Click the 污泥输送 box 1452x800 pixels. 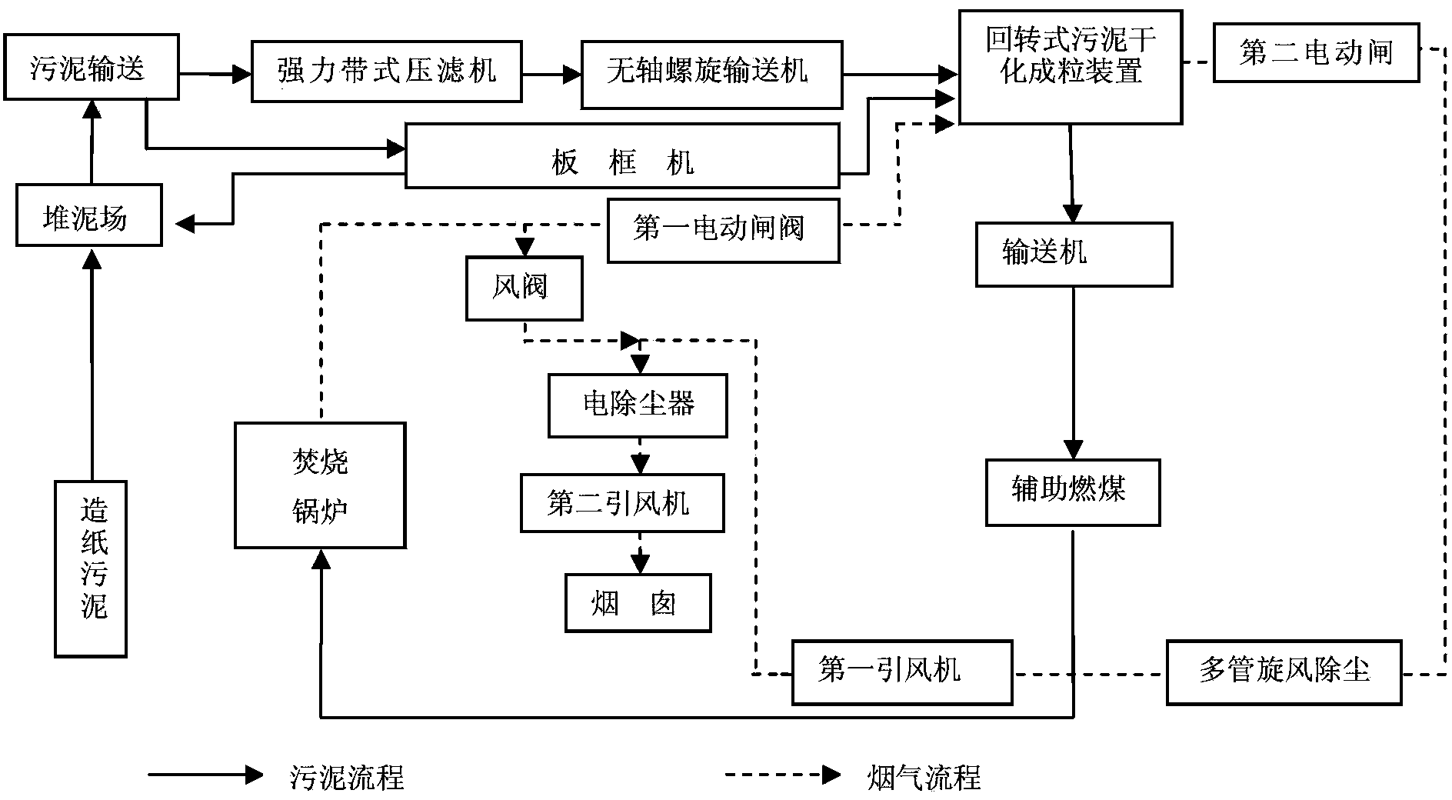[92, 67]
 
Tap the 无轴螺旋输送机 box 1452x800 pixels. [711, 75]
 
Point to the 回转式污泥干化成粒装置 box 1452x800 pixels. [1071, 67]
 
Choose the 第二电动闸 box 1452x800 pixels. [1317, 53]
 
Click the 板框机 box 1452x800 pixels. [622, 156]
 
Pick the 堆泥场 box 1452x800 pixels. [89, 215]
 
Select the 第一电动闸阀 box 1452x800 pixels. [724, 231]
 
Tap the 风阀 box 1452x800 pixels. [524, 288]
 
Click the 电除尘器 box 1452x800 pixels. [638, 406]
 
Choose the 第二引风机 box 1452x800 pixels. [622, 503]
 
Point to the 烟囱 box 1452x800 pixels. [638, 603]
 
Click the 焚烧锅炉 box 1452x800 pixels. [320, 485]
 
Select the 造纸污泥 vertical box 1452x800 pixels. [91, 569]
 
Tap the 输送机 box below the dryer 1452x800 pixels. [1074, 255]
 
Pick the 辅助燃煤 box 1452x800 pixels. [1073, 493]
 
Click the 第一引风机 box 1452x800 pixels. [902, 672]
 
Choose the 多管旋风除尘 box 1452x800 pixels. [1284, 672]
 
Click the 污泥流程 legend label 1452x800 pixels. [347, 777]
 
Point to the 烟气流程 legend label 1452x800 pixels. [924, 777]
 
